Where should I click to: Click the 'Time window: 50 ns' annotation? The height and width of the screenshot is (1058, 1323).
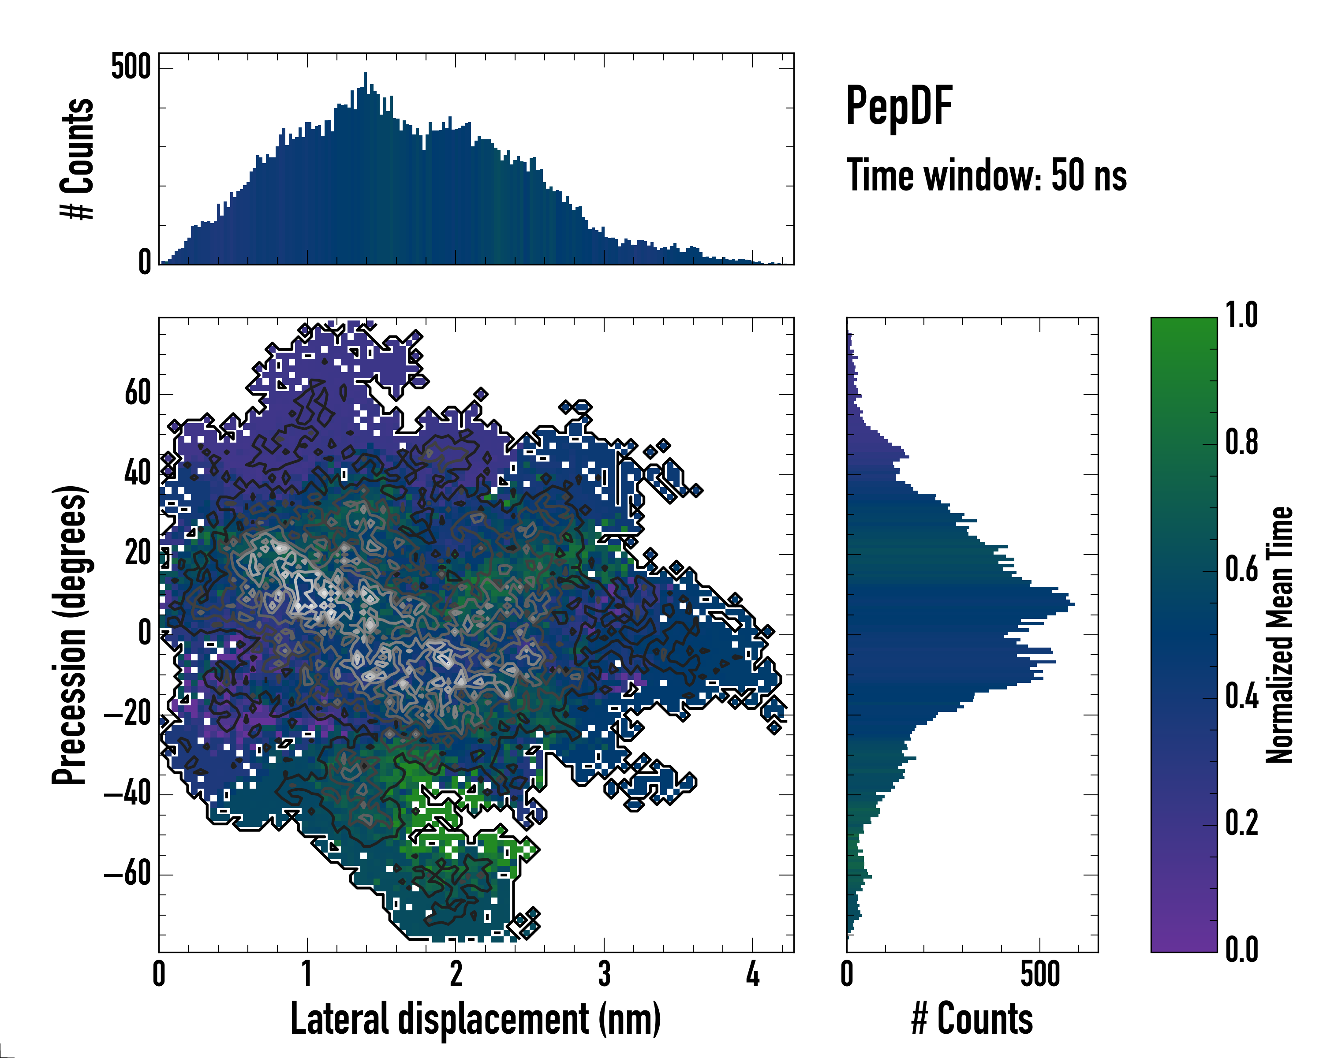986,175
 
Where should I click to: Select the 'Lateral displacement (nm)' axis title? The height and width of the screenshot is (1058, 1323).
475,1019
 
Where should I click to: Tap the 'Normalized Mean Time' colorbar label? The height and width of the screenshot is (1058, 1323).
1279,635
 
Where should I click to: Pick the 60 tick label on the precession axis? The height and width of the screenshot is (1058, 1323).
138,393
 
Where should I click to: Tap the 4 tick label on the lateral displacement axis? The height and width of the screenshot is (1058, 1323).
752,974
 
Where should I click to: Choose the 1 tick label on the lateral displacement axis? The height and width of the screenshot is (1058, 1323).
307,974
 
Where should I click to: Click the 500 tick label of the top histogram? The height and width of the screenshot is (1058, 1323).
130,67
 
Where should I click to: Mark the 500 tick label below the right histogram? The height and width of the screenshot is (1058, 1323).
1040,974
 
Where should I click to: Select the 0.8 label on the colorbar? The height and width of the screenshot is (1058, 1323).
1241,443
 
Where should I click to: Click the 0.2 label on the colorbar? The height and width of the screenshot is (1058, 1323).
1241,823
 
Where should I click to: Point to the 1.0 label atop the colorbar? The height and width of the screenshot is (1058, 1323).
1241,317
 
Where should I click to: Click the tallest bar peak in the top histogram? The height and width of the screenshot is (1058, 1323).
365,74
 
